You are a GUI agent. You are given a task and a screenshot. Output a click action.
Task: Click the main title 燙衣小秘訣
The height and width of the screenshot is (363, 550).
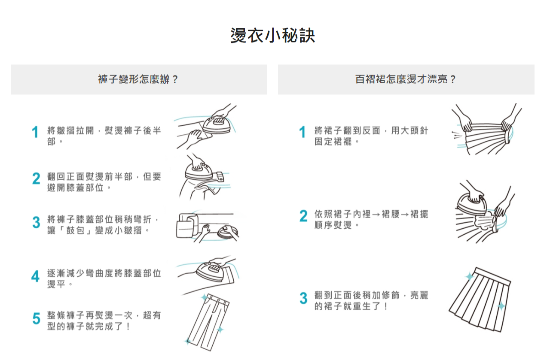(273, 36)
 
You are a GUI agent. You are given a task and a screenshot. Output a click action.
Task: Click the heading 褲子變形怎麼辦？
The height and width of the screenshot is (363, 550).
(138, 79)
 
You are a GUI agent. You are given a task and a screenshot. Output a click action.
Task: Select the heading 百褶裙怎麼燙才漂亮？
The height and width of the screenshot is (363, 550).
(406, 79)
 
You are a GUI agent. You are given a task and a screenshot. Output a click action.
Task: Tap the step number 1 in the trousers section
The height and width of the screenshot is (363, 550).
(36, 133)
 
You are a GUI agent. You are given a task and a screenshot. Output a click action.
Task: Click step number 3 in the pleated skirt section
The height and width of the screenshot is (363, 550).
(303, 298)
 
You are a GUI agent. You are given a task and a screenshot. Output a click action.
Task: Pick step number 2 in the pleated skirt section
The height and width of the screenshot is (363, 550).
(303, 217)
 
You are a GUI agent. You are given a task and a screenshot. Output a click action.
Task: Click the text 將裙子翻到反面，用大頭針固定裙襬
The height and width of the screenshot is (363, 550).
(371, 136)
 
